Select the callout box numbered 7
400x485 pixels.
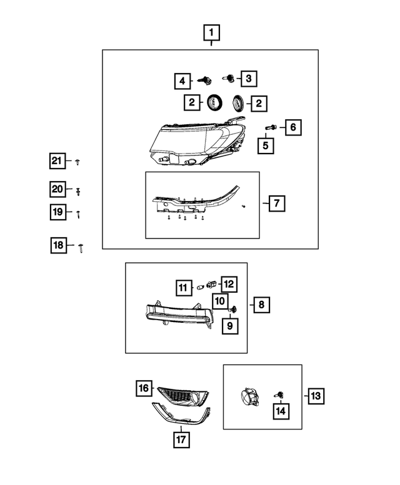point(275,203)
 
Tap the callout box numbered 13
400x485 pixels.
point(315,396)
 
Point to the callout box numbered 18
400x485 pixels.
point(58,246)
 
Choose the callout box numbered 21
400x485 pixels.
point(57,162)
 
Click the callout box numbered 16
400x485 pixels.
point(144,388)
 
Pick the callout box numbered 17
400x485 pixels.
point(181,439)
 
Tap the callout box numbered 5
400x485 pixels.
point(266,146)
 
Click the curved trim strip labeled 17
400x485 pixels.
point(181,415)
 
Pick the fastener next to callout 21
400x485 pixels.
point(76,162)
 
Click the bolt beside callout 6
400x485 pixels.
point(269,127)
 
